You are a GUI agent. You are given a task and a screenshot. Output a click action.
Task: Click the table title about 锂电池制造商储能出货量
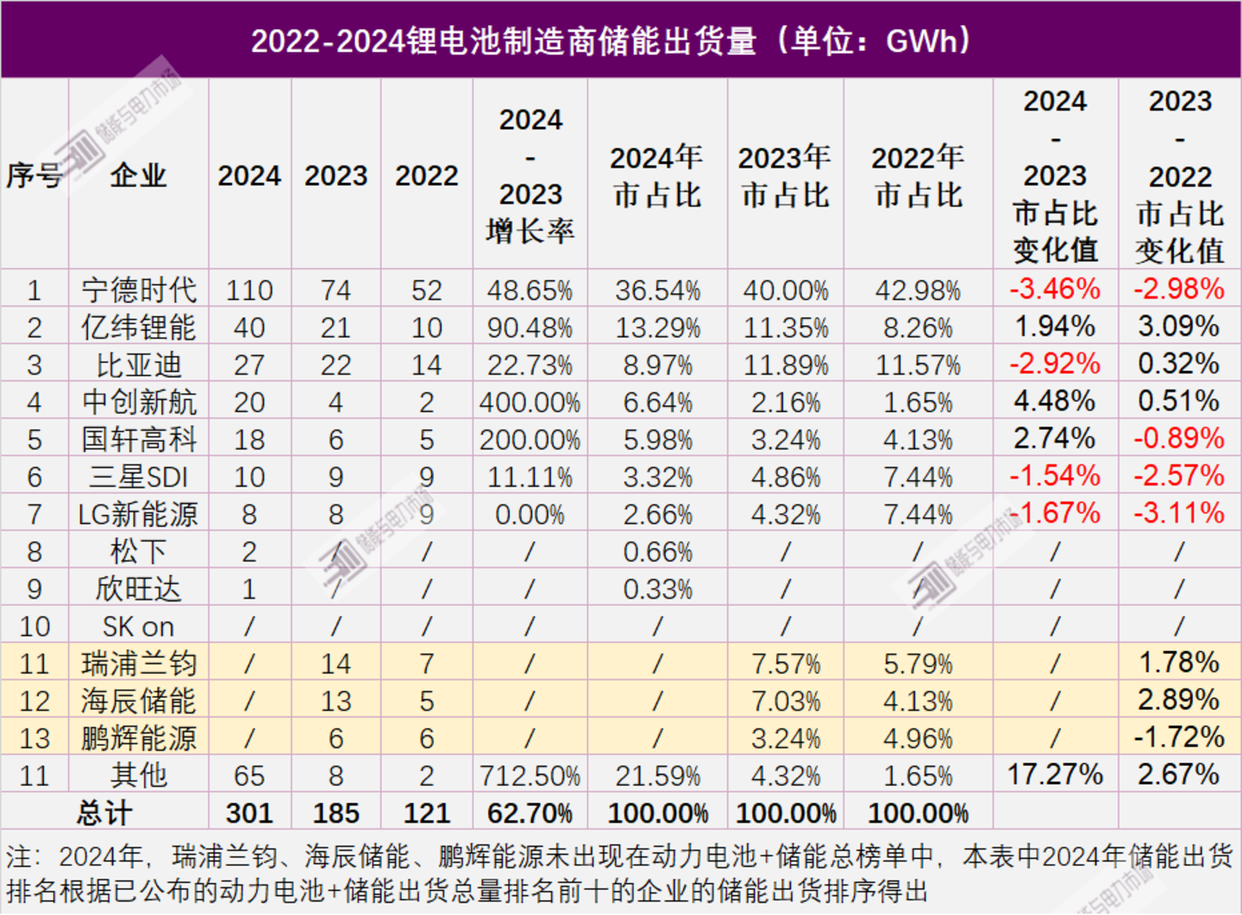pos(612,41)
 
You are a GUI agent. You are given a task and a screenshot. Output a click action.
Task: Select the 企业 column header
pos(138,175)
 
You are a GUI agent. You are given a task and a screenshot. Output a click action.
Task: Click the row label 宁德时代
pos(138,290)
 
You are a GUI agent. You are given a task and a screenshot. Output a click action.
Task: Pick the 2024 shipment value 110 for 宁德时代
pos(249,291)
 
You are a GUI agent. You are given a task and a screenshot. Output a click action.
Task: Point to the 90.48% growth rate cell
pos(530,328)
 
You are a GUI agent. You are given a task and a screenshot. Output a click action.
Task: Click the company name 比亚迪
pos(138,365)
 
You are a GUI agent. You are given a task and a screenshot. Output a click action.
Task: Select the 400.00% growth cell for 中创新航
pos(530,402)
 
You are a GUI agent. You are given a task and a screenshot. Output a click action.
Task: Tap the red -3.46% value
pos(1055,289)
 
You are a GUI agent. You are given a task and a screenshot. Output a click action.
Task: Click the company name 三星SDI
pos(138,477)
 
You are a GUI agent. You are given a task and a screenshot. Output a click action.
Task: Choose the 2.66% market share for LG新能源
pos(657,515)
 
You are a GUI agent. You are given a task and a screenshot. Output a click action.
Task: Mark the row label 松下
pos(138,552)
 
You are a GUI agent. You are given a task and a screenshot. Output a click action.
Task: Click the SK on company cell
pos(138,626)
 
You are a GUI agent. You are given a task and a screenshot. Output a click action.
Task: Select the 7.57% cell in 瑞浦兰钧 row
pos(785,664)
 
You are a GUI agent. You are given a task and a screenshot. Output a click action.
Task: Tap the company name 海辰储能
pos(138,701)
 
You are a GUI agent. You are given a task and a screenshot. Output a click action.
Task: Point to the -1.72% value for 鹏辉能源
pos(1179,737)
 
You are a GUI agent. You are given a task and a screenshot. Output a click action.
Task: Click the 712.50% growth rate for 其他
pos(530,776)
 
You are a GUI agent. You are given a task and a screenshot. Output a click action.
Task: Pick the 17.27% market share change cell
pos(1055,774)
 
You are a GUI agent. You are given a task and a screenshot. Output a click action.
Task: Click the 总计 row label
pos(104,812)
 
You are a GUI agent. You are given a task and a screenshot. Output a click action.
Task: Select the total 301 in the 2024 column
pos(249,813)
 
